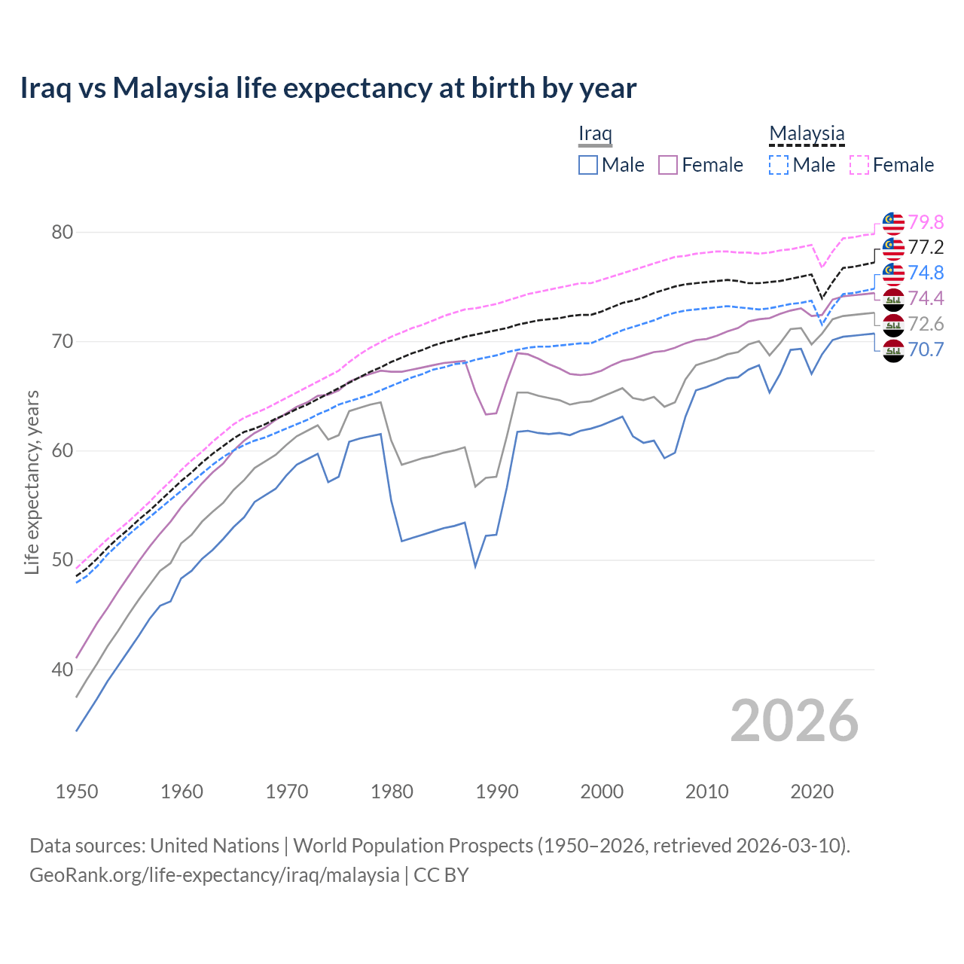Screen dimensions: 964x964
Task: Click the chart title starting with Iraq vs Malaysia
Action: (328, 88)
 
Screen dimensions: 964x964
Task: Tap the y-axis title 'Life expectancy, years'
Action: (32, 482)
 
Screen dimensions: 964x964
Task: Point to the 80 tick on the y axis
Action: (62, 232)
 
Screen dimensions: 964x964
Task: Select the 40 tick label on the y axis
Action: (62, 670)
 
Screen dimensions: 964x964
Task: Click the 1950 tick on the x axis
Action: (77, 792)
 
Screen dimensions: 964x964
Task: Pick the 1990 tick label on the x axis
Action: (497, 792)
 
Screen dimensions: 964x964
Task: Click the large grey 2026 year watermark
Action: (794, 721)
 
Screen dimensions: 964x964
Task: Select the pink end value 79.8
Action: (926, 222)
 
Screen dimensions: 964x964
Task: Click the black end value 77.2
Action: (926, 248)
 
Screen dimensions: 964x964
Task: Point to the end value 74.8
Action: (926, 273)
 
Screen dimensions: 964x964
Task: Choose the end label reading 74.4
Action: (926, 298)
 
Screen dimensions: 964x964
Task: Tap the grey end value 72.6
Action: (926, 324)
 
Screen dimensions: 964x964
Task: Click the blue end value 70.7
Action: (926, 349)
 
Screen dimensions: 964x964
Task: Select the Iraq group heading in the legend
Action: (595, 134)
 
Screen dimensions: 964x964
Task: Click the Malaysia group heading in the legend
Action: (807, 134)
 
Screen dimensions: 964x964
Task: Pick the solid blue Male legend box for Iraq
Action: (588, 165)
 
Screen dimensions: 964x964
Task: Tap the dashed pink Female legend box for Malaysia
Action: (859, 165)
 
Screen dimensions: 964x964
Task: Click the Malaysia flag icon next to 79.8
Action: (893, 223)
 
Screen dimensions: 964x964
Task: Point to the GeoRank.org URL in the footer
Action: (215, 875)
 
